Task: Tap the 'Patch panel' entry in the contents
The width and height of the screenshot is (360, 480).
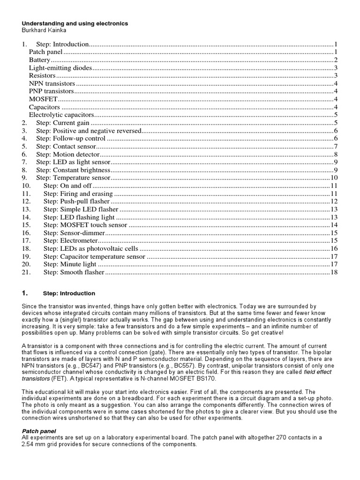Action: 45,52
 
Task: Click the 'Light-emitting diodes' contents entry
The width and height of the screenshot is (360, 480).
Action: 60,68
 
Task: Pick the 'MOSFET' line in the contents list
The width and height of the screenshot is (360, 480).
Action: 43,99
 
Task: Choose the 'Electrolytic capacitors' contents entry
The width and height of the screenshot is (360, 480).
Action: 61,115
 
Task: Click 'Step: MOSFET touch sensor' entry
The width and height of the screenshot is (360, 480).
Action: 85,225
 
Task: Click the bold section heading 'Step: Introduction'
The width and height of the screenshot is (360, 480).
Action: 69,293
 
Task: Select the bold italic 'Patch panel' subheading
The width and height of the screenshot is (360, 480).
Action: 39,430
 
